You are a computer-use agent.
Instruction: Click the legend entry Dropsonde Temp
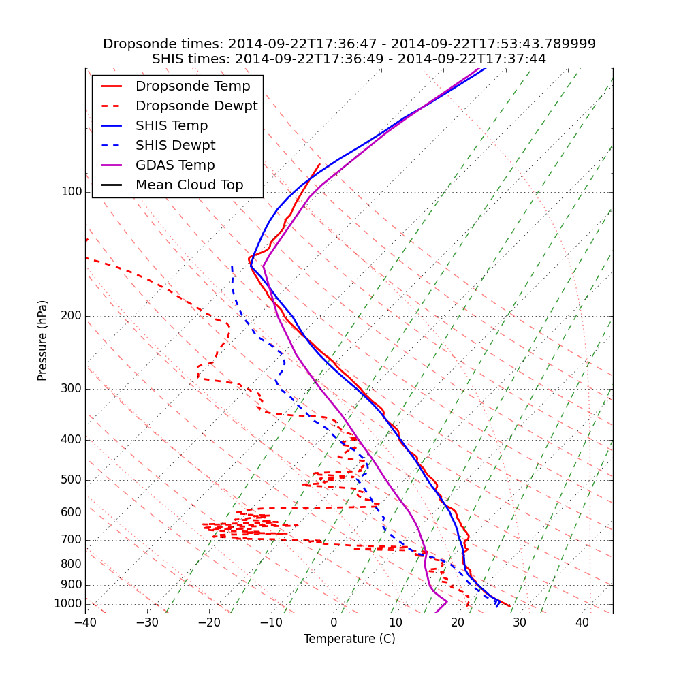click(193, 86)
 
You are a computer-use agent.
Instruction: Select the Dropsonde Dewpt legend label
click(196, 106)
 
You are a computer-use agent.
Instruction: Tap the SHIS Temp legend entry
click(172, 126)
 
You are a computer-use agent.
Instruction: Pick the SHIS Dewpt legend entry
click(175, 146)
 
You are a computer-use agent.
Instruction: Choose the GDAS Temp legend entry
click(175, 165)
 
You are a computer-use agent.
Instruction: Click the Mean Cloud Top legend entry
click(189, 185)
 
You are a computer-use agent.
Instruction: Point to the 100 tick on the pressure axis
click(72, 192)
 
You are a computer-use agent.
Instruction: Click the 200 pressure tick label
click(72, 316)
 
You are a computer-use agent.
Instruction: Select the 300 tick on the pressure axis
click(72, 389)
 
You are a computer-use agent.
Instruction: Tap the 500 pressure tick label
click(72, 480)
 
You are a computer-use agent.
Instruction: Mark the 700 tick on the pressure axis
click(72, 540)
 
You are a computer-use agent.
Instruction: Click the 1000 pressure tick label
click(68, 604)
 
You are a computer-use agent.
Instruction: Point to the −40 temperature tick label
click(85, 623)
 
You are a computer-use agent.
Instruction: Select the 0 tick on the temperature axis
click(334, 623)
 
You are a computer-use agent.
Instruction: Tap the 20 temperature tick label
click(458, 623)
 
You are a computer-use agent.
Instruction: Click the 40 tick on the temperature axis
click(582, 623)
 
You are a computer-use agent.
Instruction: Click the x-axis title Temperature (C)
click(349, 639)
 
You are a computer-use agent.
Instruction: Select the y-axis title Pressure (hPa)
click(43, 340)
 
